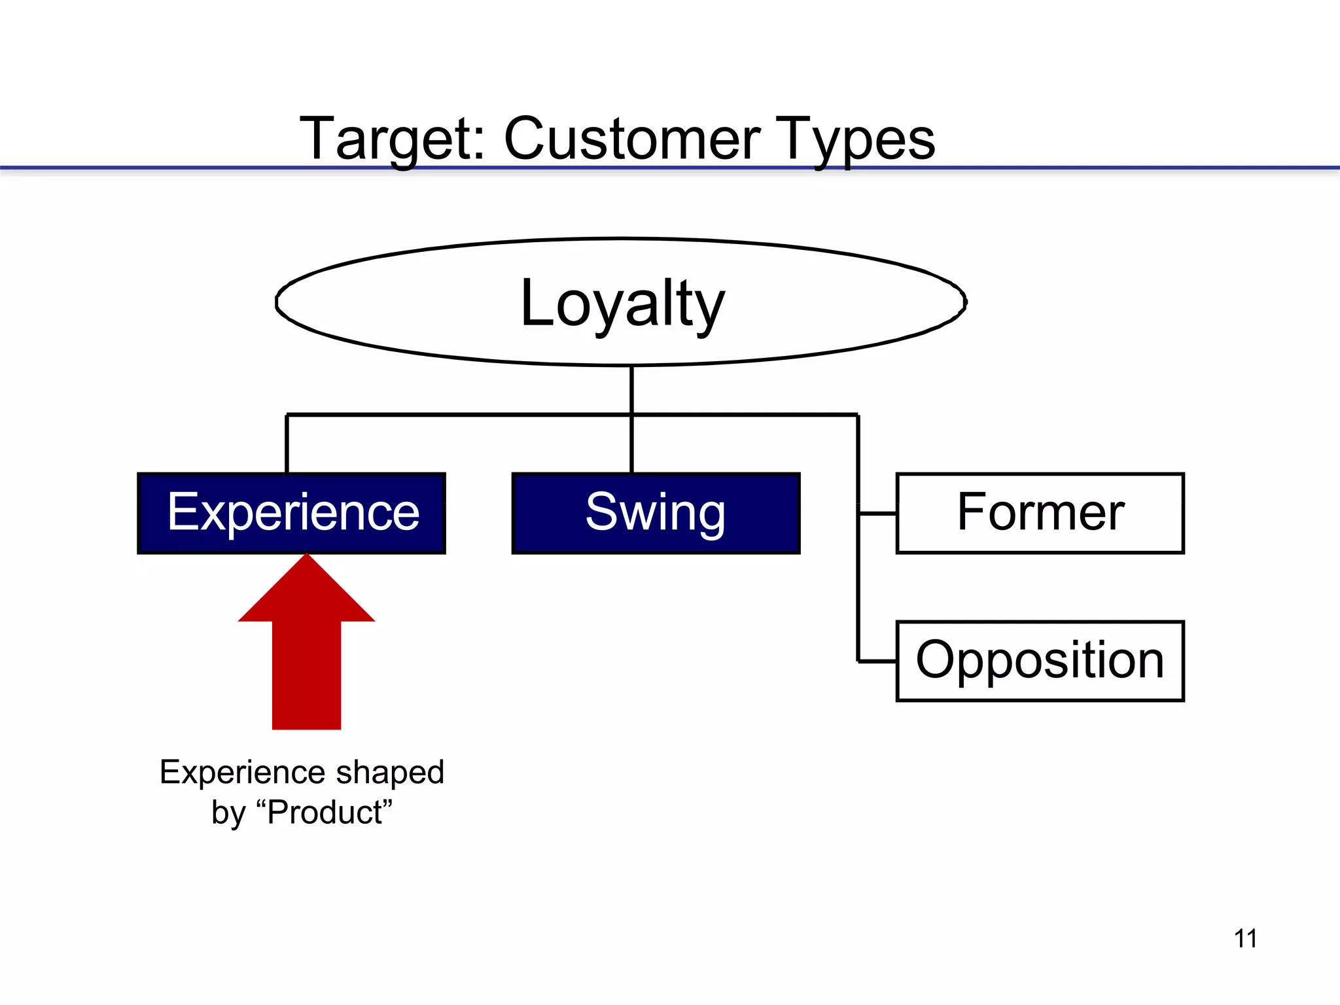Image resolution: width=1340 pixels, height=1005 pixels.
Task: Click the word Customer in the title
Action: coord(631,139)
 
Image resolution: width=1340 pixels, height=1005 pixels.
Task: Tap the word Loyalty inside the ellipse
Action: coord(622,303)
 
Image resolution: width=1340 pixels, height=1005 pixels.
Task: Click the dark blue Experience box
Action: coord(292,513)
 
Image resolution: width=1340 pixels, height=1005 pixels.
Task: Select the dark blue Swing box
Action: coord(656,513)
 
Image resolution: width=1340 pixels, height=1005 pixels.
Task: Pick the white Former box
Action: coord(1040,513)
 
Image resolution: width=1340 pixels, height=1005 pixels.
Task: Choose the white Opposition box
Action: coord(1040,661)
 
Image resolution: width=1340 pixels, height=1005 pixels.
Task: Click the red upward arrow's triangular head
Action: coord(306,595)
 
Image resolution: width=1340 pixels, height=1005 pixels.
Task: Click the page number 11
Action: coord(1245,938)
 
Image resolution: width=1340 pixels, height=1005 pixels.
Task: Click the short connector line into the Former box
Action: coord(877,514)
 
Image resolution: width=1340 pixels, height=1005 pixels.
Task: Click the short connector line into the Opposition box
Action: coord(877,661)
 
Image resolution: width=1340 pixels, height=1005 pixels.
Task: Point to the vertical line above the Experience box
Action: coord(287,444)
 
